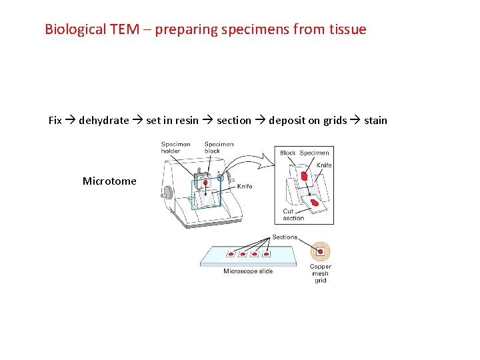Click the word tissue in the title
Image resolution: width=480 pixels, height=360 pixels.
(x=347, y=29)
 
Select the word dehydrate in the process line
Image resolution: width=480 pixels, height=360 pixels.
(x=104, y=121)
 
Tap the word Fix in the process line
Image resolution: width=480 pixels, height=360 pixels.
(x=55, y=121)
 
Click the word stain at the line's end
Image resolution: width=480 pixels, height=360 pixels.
(x=375, y=121)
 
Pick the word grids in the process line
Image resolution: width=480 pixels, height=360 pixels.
(x=335, y=121)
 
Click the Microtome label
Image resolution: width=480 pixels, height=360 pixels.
(x=109, y=181)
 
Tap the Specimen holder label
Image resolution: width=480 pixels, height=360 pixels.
(x=175, y=147)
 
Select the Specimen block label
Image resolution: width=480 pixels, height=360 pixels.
(x=219, y=147)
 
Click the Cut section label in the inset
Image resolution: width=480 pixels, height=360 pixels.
(x=293, y=215)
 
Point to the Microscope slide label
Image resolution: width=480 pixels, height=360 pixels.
(x=248, y=271)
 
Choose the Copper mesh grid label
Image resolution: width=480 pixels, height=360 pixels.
(x=321, y=273)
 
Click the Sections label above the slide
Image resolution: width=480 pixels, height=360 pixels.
(x=285, y=237)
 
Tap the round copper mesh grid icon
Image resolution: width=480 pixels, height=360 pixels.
(x=321, y=251)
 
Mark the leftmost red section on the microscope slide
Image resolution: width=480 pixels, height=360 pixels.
(x=231, y=254)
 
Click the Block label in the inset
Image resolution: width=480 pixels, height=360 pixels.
(x=287, y=153)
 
